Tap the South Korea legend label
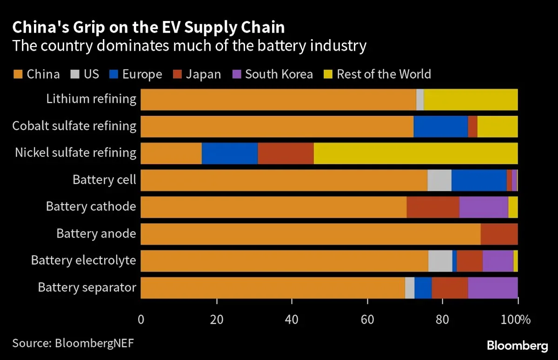point(279,74)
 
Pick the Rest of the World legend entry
point(384,74)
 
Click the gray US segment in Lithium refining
point(420,99)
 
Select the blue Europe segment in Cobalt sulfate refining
point(440,126)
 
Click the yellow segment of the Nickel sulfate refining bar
point(415,153)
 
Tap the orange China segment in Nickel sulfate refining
point(171,153)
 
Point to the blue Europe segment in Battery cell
point(479,180)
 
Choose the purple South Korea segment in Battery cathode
point(484,207)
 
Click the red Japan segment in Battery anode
point(499,234)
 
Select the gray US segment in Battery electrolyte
point(440,261)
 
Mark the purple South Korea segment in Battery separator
point(492,288)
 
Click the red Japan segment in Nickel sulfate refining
point(286,153)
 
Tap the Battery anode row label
point(96,233)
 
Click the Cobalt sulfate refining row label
point(74,126)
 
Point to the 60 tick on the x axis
point(367,320)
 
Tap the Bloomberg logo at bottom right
point(517,346)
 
